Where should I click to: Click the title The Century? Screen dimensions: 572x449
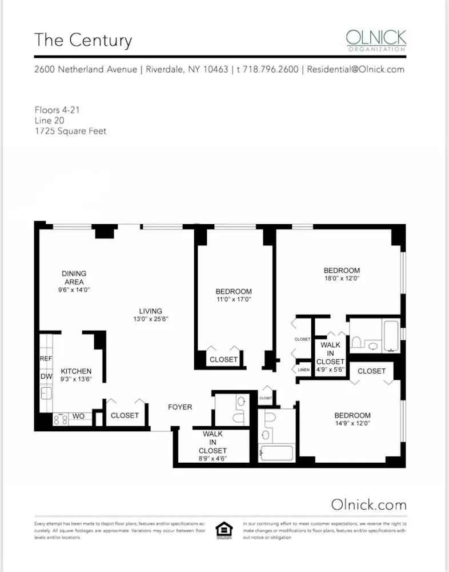click(83, 41)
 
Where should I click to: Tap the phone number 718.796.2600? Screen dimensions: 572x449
click(270, 69)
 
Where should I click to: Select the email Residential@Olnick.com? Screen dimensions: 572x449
click(355, 69)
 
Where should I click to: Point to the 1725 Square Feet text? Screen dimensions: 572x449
click(70, 131)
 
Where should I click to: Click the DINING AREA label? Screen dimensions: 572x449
click(74, 277)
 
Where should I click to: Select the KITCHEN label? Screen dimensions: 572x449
click(76, 371)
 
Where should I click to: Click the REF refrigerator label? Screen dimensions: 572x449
click(46, 359)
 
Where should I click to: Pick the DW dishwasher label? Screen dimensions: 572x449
click(46, 377)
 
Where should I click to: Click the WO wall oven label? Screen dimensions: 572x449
click(78, 416)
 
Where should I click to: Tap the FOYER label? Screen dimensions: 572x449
click(179, 407)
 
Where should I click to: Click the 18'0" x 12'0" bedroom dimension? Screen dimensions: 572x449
click(342, 279)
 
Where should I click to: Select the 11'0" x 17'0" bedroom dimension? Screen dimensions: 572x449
click(234, 299)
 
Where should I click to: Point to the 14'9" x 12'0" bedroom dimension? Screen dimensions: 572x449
click(352, 424)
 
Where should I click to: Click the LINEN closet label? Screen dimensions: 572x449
click(304, 370)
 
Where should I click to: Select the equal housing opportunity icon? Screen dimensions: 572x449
click(223, 530)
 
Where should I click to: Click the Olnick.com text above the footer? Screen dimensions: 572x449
click(368, 504)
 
